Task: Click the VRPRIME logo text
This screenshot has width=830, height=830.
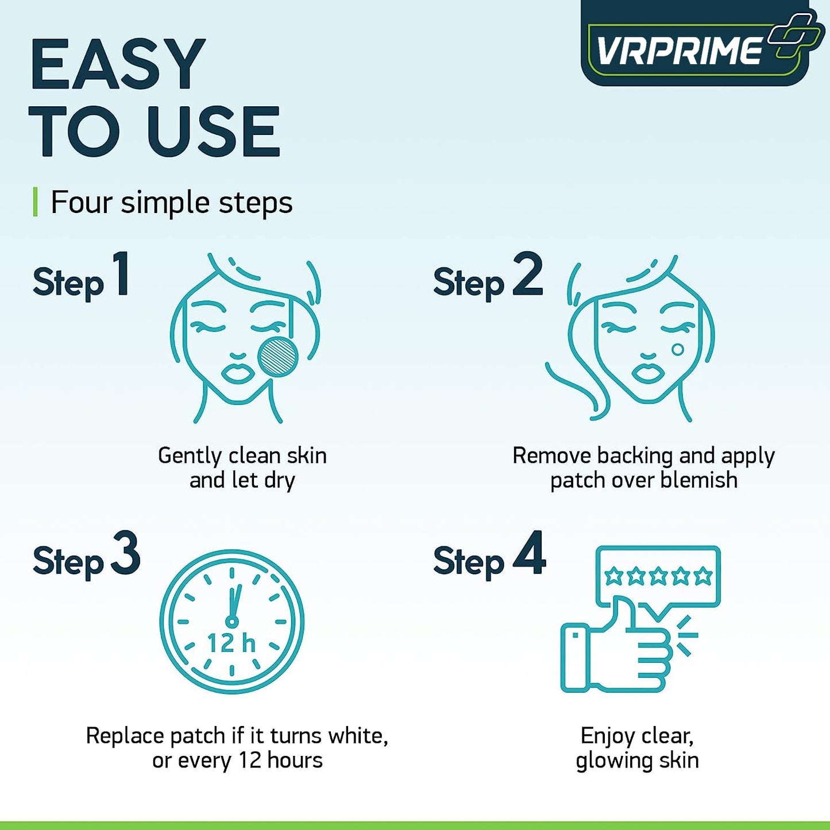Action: click(x=679, y=51)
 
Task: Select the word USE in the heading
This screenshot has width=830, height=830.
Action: click(x=213, y=132)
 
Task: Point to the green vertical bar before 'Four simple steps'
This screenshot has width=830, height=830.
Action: click(x=36, y=202)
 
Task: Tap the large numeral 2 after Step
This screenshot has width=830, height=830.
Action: click(x=527, y=274)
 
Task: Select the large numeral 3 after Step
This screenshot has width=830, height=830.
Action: click(x=126, y=553)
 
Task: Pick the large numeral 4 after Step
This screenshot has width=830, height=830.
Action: click(x=529, y=553)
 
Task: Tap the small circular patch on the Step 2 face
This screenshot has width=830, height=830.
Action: click(x=678, y=349)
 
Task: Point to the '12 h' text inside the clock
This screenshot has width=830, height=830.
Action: click(x=231, y=643)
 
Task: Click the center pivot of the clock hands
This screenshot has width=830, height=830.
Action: click(x=231, y=621)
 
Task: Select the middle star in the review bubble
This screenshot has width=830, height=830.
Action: click(x=658, y=575)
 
